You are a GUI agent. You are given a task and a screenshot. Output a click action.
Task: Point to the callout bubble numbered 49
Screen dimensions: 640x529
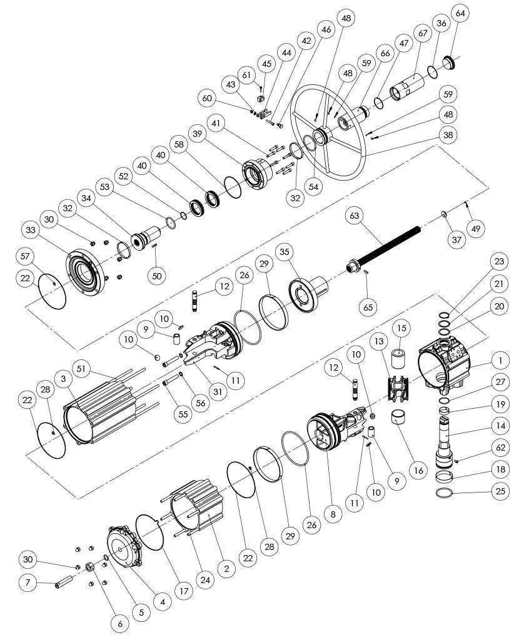point(476,229)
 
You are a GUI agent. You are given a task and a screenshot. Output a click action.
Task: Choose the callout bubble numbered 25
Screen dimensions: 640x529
point(499,491)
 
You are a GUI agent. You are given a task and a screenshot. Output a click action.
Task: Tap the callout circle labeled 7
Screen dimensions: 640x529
point(27,583)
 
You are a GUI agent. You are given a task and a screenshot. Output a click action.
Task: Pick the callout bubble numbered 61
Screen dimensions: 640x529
point(248,76)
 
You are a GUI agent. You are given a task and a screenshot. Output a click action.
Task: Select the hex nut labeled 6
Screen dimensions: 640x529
point(89,567)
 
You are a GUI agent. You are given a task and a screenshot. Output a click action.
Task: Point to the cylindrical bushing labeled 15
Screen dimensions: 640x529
point(400,359)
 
